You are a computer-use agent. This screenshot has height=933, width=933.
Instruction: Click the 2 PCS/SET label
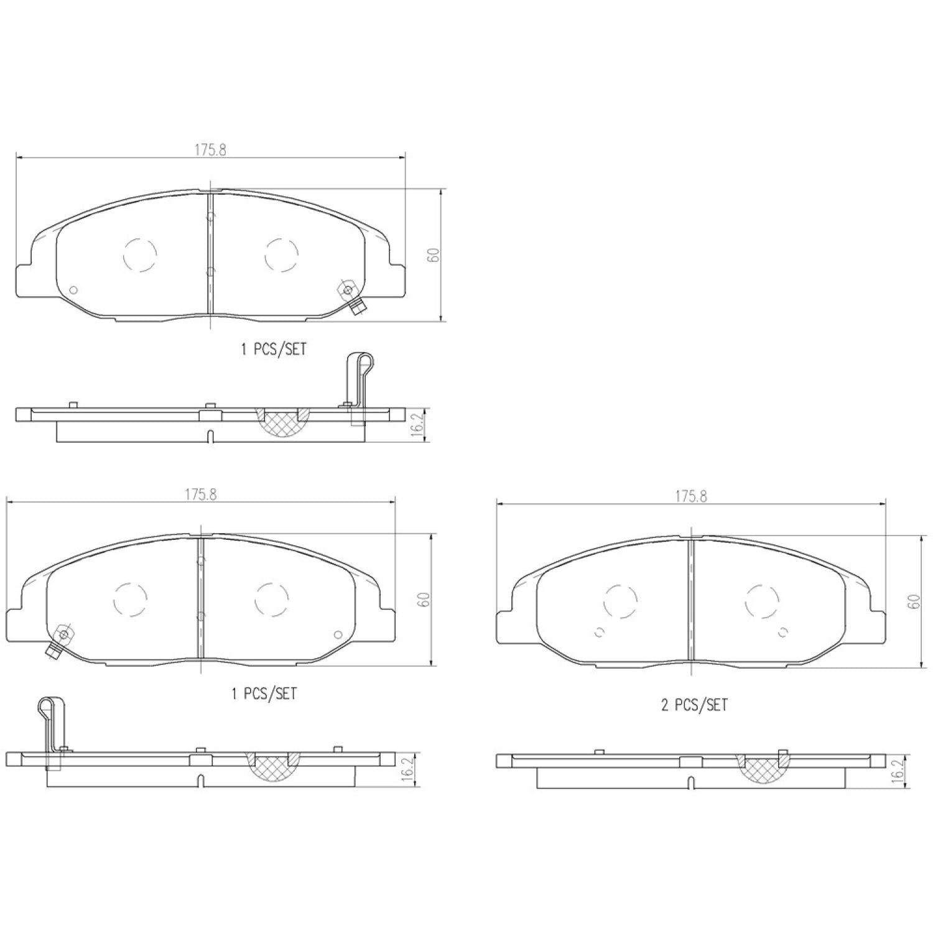(694, 705)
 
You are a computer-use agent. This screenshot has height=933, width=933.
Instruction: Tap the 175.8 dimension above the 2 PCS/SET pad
(690, 496)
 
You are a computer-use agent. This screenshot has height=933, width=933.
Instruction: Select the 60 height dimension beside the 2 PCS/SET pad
(913, 601)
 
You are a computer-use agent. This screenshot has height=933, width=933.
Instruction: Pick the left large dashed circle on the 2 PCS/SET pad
(621, 602)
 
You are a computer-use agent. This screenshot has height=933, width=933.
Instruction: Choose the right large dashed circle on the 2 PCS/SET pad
(762, 602)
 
